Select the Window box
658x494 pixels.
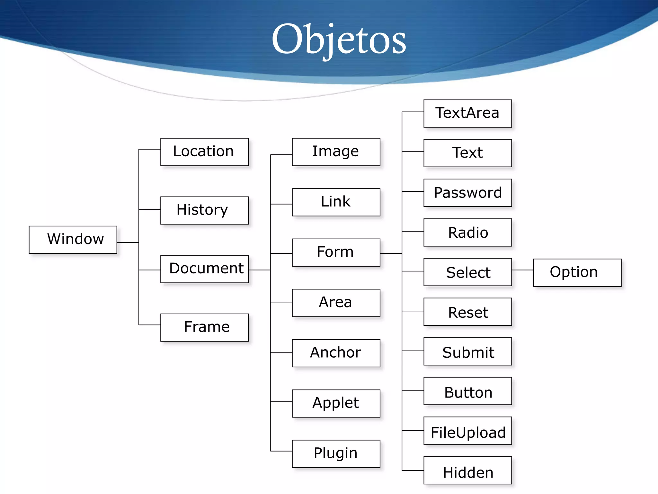73,240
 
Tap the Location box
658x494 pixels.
204,152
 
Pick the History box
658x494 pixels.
204,210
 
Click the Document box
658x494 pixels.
204,269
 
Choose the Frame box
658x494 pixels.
204,327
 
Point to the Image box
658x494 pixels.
336,152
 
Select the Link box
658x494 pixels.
336,202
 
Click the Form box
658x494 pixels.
336,252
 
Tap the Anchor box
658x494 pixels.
336,353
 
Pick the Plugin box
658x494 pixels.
336,454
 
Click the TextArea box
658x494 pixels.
467,113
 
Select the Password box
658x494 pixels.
467,193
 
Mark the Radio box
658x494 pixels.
467,232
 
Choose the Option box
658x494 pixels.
577,272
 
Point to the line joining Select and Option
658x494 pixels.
522,270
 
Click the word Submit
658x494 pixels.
468,352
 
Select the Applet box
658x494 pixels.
336,403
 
